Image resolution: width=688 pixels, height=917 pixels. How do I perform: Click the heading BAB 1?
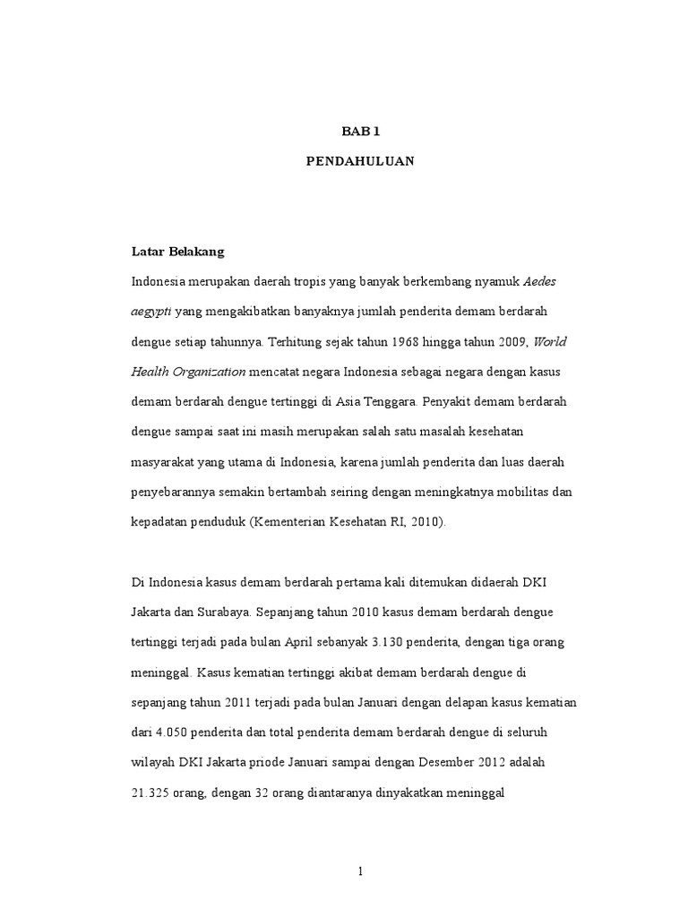point(361,131)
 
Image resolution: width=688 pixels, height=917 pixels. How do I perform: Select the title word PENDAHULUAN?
point(361,164)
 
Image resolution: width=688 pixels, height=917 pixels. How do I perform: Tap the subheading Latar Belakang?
point(178,253)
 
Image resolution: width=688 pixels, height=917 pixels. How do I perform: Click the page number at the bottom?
point(360,873)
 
